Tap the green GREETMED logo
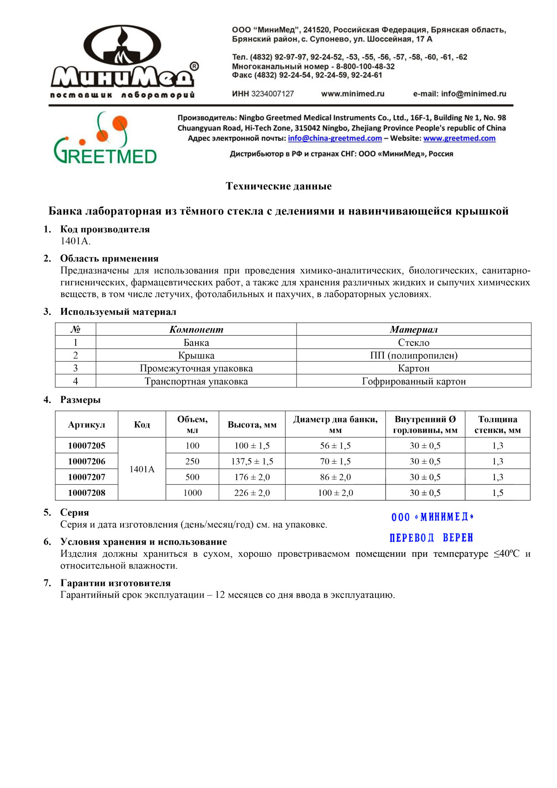click(x=105, y=140)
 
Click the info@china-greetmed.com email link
click(x=335, y=138)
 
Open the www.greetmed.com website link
click(x=459, y=138)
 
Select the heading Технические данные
click(x=278, y=186)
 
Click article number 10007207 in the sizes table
click(x=87, y=477)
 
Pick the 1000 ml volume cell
click(x=192, y=493)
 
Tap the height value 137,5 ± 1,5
click(x=252, y=461)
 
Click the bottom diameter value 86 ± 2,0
click(x=335, y=477)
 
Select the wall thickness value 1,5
click(x=498, y=493)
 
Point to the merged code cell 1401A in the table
click(x=142, y=469)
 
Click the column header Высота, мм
click(x=252, y=424)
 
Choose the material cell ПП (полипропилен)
click(x=414, y=356)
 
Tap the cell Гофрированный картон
click(x=414, y=381)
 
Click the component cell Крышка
click(x=196, y=356)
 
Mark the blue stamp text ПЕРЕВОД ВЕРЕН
click(x=431, y=538)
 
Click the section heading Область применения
click(x=109, y=259)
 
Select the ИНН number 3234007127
click(x=272, y=94)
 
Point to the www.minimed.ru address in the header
click(x=353, y=94)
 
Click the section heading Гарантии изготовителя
click(x=115, y=583)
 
